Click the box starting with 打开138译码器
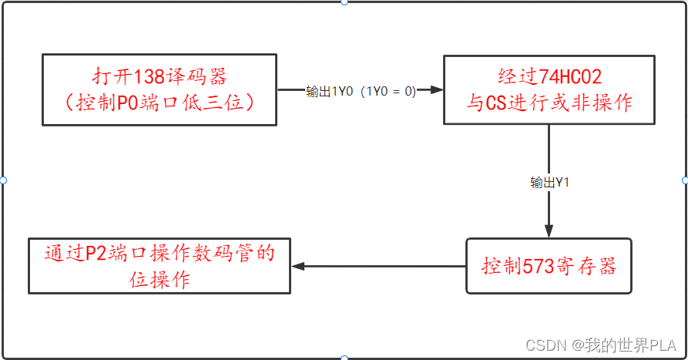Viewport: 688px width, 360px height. click(x=159, y=89)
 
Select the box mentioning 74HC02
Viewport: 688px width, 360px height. click(x=549, y=89)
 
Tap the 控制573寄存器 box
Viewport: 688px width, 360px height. click(x=549, y=266)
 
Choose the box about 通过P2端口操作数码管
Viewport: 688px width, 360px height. click(x=159, y=265)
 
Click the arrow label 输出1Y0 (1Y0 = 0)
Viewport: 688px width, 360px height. click(x=361, y=91)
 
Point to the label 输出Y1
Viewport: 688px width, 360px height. click(x=549, y=183)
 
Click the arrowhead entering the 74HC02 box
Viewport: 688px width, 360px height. click(x=438, y=90)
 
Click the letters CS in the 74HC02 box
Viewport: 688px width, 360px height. click(x=496, y=103)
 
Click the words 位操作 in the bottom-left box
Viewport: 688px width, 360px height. click(x=159, y=279)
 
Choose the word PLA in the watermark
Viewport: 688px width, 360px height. click(x=663, y=343)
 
